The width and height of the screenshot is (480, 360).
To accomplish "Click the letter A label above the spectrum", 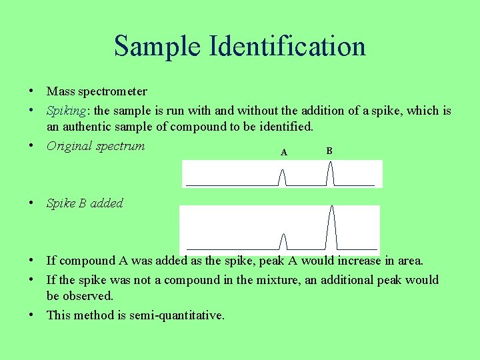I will point(284,153).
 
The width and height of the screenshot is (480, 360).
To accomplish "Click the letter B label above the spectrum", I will point(329,151).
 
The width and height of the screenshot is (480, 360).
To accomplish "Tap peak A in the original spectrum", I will point(283,177).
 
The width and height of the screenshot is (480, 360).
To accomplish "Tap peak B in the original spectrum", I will point(329,175).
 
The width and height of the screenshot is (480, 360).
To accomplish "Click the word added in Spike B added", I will point(107,203).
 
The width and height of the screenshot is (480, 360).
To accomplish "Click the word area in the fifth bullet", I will point(409,261).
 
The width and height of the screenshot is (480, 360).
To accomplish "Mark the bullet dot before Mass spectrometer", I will point(32,91).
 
